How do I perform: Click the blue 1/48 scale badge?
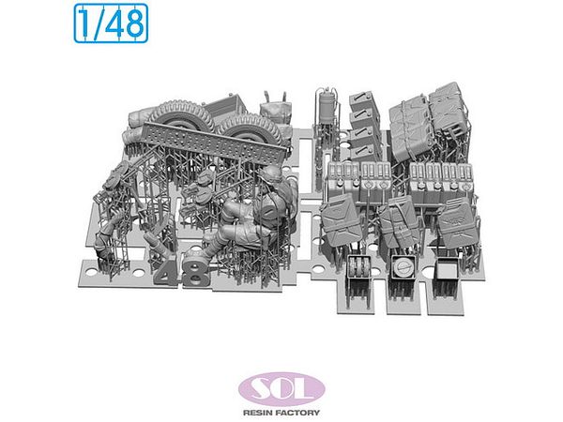(x=111, y=23)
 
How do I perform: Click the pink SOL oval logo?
(x=281, y=389)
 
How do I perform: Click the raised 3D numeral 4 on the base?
(x=168, y=271)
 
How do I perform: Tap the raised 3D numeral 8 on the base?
(x=196, y=274)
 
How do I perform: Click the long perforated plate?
(x=215, y=140)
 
